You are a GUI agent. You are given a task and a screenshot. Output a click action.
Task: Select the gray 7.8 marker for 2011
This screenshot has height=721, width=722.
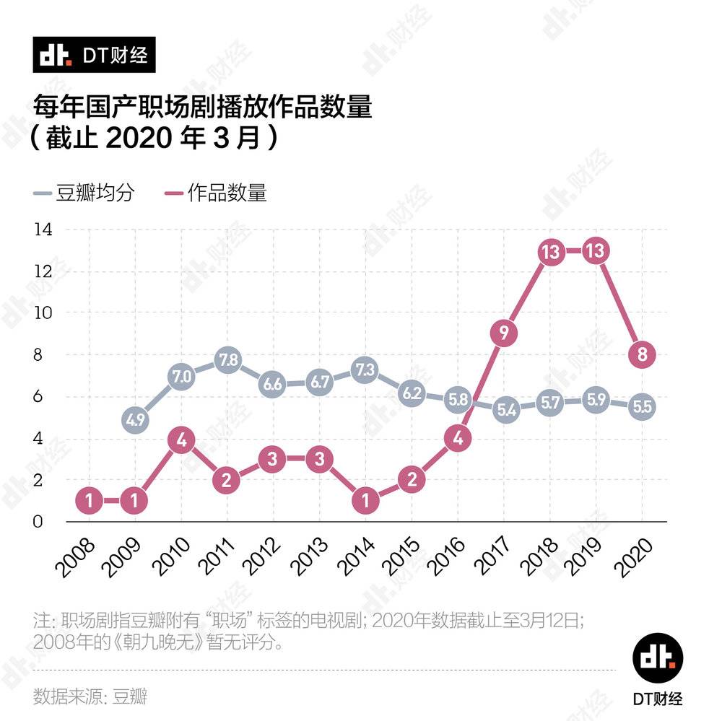(x=227, y=360)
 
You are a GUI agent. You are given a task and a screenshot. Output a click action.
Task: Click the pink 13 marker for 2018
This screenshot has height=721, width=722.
(x=550, y=251)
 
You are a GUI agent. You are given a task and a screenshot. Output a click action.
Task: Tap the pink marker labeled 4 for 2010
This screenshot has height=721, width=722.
(x=181, y=438)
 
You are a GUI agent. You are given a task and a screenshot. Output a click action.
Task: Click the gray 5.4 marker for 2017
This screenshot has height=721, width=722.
(x=504, y=410)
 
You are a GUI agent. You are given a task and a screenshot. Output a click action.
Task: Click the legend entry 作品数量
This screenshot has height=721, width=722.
(x=217, y=193)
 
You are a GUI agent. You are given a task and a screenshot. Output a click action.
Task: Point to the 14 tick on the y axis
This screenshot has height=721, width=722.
(x=43, y=230)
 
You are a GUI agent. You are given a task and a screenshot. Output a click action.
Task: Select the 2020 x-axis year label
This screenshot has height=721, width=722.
(x=635, y=556)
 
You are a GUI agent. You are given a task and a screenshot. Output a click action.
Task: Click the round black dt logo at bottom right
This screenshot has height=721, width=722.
(x=658, y=656)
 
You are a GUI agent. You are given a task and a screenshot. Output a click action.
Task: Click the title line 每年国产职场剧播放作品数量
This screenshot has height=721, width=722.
(x=203, y=106)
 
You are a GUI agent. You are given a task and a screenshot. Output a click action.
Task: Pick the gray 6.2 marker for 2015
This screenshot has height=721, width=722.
(x=412, y=393)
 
